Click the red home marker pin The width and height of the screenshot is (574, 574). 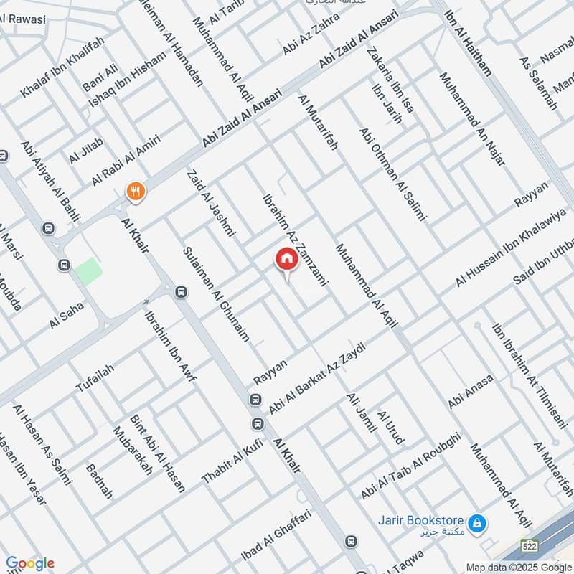coord(286,259)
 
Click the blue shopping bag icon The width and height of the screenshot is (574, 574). coord(476,522)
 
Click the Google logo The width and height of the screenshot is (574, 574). coord(30,563)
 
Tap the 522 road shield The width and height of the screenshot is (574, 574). coord(530,547)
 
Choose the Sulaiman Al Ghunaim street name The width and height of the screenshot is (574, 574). coord(215,294)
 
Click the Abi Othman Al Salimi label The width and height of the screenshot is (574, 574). coord(394,174)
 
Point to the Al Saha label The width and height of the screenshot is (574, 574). coord(67,315)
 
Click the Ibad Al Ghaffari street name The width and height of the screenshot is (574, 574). coord(277,545)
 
